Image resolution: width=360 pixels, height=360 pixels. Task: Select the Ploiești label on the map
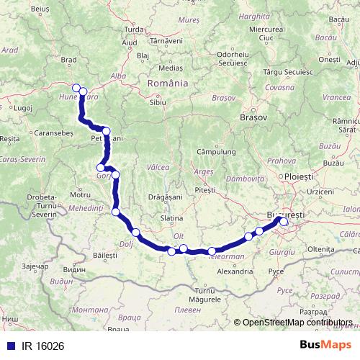click(x=298, y=176)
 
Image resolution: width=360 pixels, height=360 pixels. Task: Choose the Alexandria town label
click(x=235, y=272)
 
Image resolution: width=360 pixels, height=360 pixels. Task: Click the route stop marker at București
click(x=284, y=222)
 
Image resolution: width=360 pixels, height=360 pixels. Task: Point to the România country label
click(x=167, y=84)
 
